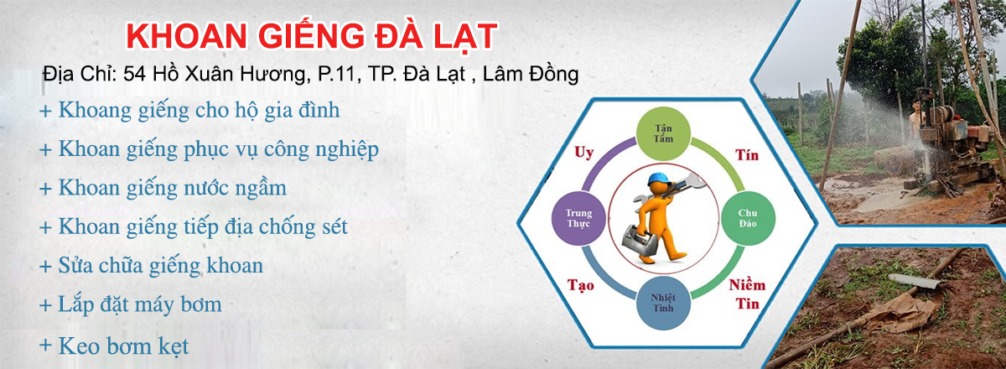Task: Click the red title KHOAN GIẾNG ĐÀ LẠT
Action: pos(311,36)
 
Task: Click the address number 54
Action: pos(134,74)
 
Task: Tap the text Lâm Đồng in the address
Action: pos(531,74)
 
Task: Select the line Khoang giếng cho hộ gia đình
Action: pos(190,111)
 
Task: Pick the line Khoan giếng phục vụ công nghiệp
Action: pos(210,149)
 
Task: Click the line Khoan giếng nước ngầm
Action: pos(163,189)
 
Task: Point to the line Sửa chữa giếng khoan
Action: pos(152,266)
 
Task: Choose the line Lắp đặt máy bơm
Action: pos(131,304)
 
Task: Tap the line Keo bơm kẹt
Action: pos(114,346)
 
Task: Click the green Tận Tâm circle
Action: pos(663,133)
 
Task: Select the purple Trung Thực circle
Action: pos(579,218)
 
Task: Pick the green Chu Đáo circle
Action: pos(748,218)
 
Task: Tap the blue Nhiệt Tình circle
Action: pos(663,303)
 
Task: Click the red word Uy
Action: pos(583,153)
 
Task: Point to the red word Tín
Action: pos(747,155)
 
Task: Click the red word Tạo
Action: pos(580,285)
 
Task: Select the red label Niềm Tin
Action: pos(747,294)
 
